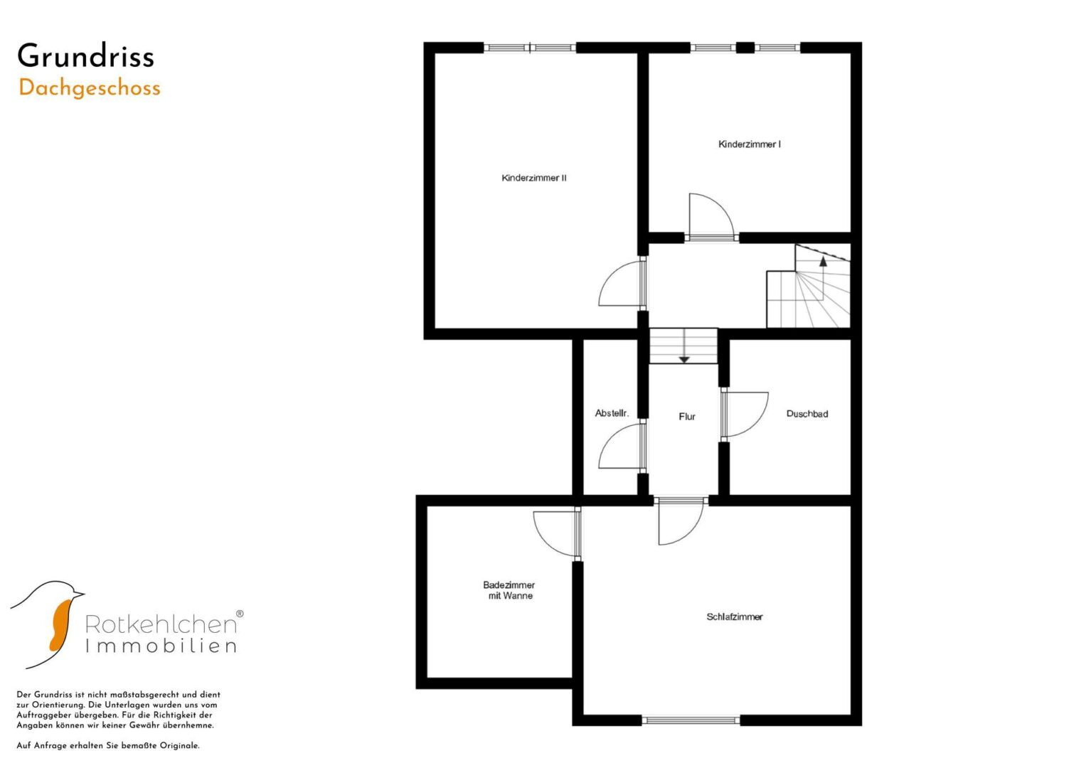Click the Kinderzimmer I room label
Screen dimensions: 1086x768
tap(750, 144)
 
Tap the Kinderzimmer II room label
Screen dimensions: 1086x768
tap(534, 178)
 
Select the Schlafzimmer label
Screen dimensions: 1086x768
tap(735, 617)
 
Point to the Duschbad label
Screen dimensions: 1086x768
tap(807, 414)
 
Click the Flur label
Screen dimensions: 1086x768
tap(687, 416)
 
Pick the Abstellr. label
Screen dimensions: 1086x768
tap(612, 413)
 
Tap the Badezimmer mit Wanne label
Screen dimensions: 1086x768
tap(509, 590)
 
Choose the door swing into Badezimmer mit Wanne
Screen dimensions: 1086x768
tap(543, 542)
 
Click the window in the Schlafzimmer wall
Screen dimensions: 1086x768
tap(691, 720)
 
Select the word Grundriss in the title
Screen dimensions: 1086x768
tap(86, 55)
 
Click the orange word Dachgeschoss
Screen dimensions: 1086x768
tap(90, 89)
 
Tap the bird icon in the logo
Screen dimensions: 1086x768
tap(48, 624)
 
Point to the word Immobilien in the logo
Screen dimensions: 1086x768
tap(161, 646)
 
